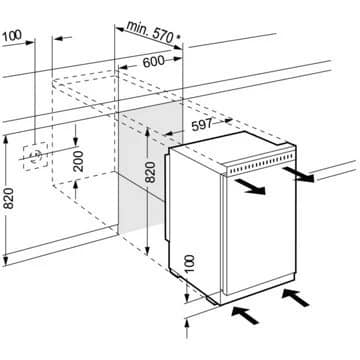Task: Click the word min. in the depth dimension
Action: tap(138, 29)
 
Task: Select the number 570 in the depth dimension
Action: tap(163, 36)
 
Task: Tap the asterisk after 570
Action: tap(178, 37)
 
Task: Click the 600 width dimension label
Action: tap(154, 62)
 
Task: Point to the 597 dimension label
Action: tap(202, 125)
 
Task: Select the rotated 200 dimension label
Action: tap(79, 161)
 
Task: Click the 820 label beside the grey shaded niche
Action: tap(151, 172)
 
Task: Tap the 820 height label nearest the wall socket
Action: tap(9, 198)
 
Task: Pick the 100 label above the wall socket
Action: tap(12, 35)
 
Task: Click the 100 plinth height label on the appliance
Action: tap(189, 264)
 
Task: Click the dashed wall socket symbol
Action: tap(35, 156)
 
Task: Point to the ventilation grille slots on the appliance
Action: tap(261, 165)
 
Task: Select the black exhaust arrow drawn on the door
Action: tap(250, 187)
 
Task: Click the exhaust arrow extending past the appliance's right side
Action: tap(298, 174)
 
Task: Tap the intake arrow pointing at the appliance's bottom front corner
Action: tap(245, 315)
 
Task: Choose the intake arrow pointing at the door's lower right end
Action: tap(295, 297)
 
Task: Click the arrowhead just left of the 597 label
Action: tap(169, 134)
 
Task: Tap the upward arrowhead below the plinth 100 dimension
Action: tap(187, 323)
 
